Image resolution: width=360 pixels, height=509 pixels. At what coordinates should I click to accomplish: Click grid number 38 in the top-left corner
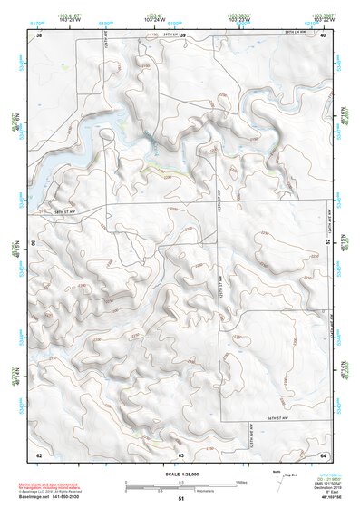click(x=40, y=35)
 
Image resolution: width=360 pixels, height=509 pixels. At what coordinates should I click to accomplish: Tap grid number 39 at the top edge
click(x=182, y=35)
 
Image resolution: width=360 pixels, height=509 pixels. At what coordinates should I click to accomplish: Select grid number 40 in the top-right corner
click(x=323, y=35)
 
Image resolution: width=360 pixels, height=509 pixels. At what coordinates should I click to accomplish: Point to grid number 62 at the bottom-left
click(x=39, y=455)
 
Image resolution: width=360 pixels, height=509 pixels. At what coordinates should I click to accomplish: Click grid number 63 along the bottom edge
click(x=181, y=455)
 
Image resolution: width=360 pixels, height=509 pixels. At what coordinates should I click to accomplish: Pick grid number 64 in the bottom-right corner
click(x=323, y=455)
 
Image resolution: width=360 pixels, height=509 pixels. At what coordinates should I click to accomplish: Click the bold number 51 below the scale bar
click(x=181, y=499)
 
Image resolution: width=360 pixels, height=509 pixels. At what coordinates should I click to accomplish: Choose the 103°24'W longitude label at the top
click(x=181, y=19)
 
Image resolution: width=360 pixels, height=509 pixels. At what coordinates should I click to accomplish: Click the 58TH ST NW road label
click(x=63, y=210)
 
